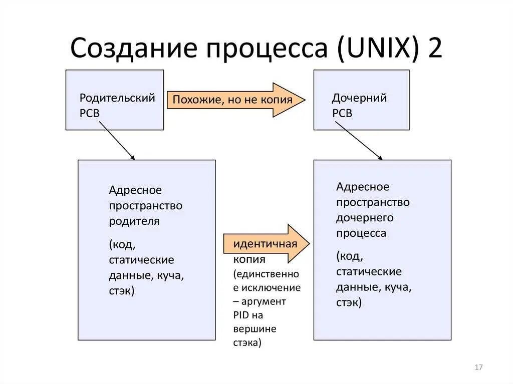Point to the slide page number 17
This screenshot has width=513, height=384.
point(478,367)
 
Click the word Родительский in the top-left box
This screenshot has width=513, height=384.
point(117,98)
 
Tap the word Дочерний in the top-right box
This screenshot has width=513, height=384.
point(359,98)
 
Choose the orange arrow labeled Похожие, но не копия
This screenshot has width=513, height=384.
point(235,100)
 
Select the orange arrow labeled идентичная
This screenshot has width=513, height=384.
point(266,244)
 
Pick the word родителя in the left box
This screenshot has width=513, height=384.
point(134,221)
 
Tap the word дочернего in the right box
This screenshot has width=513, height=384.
point(365,218)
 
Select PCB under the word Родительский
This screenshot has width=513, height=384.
point(90,113)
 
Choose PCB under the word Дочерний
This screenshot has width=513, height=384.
point(342,113)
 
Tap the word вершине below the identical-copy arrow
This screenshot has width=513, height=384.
point(254,329)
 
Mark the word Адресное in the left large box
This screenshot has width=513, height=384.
point(135,190)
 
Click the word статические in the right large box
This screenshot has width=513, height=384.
point(369,271)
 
